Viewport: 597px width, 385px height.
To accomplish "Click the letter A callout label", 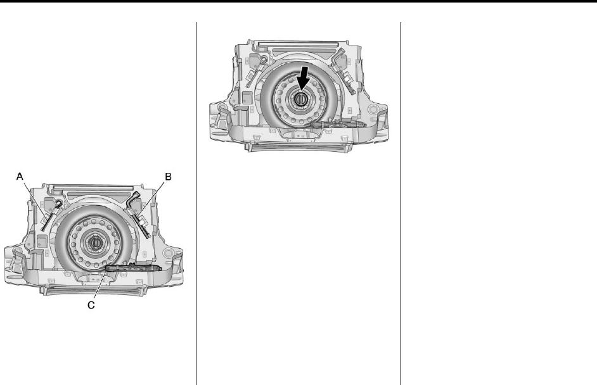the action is [20, 177].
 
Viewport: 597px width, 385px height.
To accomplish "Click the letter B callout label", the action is [168, 177].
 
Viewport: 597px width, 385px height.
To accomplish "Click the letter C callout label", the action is [91, 305].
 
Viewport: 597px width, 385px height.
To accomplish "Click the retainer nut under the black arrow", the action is [300, 99].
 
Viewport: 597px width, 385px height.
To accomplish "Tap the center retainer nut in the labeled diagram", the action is [94, 243].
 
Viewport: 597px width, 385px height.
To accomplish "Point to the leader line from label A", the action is [35, 201].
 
